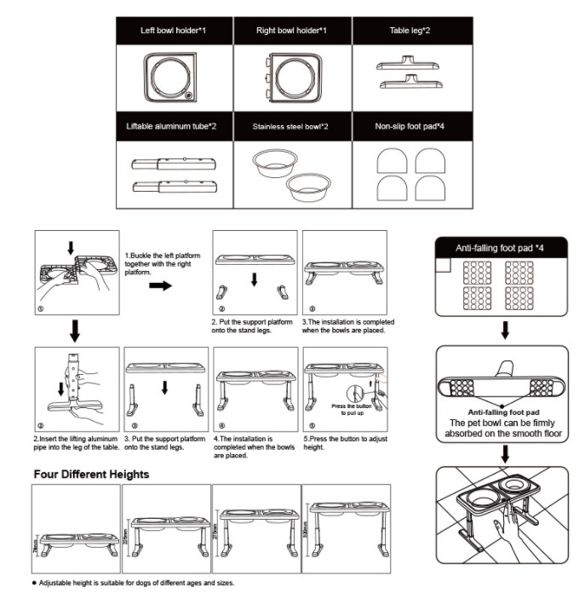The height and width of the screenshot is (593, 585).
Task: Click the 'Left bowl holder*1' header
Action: click(174, 31)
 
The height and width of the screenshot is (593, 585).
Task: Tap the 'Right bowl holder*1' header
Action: click(291, 31)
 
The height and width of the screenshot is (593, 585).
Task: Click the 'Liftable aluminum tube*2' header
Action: click(174, 126)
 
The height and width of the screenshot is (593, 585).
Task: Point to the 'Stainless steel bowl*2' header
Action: click(291, 126)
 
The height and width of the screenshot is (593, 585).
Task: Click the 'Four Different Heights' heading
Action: click(91, 474)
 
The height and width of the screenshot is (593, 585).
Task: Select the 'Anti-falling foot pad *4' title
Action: click(501, 248)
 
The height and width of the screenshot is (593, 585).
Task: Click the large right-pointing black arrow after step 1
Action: click(158, 285)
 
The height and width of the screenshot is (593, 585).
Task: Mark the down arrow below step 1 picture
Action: click(76, 328)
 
